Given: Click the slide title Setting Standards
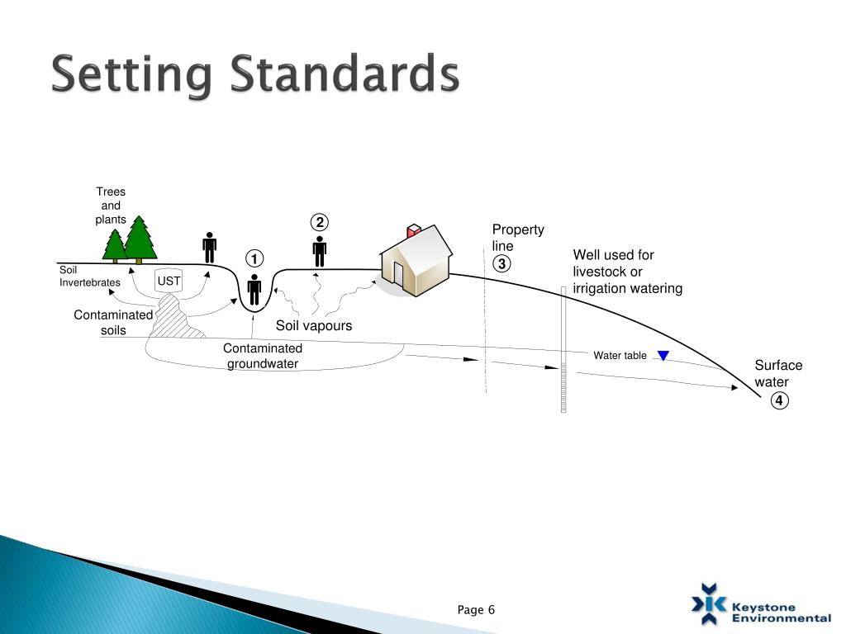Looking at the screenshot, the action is pyautogui.click(x=254, y=75).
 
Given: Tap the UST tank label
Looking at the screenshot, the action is pyautogui.click(x=169, y=282).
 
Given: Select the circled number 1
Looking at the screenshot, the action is pyautogui.click(x=254, y=258).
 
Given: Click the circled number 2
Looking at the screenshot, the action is pyautogui.click(x=320, y=223).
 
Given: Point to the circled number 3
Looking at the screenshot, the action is pyautogui.click(x=502, y=264).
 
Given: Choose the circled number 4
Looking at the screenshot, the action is pyautogui.click(x=780, y=401).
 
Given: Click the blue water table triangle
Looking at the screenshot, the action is pyautogui.click(x=663, y=356).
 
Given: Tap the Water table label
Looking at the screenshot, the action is pyautogui.click(x=620, y=356).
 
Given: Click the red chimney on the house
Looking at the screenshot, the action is pyautogui.click(x=414, y=229).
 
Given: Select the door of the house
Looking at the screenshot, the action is pyautogui.click(x=398, y=273).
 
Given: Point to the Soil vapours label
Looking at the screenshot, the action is pyautogui.click(x=314, y=326).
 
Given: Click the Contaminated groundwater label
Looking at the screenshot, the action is pyautogui.click(x=263, y=356).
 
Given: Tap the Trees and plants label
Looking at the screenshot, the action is pyautogui.click(x=111, y=206).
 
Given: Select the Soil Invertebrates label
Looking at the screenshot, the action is pyautogui.click(x=89, y=277).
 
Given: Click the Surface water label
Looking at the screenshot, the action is pyautogui.click(x=777, y=374).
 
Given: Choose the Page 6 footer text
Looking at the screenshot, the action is pyautogui.click(x=476, y=610).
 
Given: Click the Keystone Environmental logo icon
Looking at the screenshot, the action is pyautogui.click(x=709, y=603).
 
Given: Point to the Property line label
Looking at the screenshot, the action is pyautogui.click(x=518, y=238).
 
